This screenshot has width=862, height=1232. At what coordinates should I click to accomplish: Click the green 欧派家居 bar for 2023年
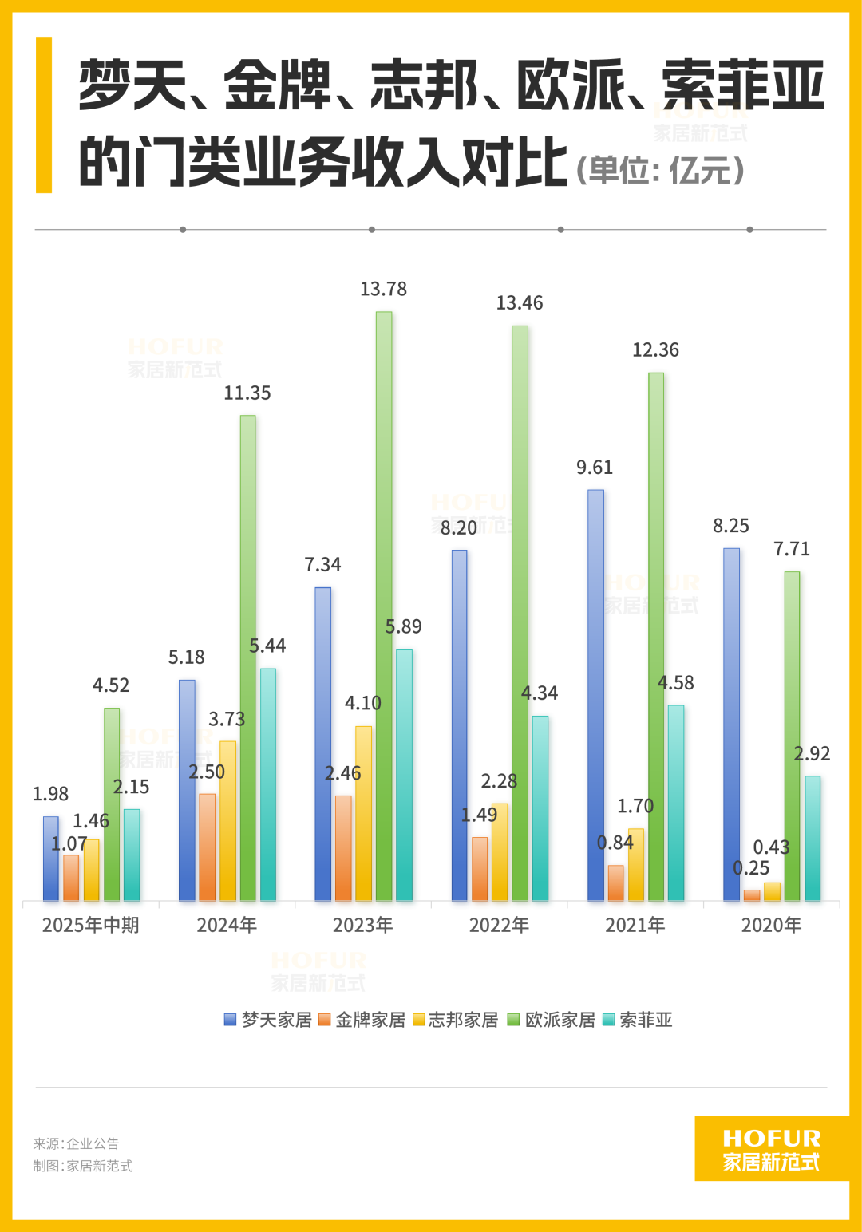[x=384, y=606]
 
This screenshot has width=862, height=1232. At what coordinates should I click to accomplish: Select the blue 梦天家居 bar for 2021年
[x=595, y=694]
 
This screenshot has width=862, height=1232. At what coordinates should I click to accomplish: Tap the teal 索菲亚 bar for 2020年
[x=813, y=838]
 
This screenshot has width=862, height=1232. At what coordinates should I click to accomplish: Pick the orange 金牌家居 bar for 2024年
[x=208, y=847]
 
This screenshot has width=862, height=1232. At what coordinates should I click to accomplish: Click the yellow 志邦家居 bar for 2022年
[x=500, y=852]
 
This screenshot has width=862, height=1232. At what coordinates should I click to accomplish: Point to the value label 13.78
[x=383, y=289]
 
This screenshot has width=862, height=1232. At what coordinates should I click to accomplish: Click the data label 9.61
[x=595, y=468]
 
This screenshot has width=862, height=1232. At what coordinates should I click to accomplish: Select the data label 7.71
[x=792, y=549]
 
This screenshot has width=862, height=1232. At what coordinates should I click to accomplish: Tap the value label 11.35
[x=247, y=393]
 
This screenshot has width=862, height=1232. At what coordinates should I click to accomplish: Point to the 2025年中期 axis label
[x=90, y=926]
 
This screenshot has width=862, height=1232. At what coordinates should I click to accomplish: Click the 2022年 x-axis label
[x=499, y=926]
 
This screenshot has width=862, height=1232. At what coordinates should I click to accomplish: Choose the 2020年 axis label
[x=771, y=926]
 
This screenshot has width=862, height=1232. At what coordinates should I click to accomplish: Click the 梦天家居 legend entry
[x=268, y=1020]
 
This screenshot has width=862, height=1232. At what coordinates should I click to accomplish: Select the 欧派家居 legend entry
[x=552, y=1020]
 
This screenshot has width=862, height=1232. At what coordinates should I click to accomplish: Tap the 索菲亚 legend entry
[x=638, y=1020]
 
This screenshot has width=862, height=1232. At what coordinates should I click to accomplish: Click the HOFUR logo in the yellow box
[x=771, y=1149]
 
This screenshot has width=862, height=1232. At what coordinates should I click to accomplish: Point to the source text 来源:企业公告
[x=76, y=1143]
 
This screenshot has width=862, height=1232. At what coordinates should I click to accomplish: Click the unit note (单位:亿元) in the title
[x=660, y=169]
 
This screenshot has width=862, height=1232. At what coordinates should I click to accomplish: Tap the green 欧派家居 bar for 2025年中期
[x=112, y=804]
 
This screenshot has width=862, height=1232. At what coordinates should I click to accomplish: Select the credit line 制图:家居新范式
[x=83, y=1166]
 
